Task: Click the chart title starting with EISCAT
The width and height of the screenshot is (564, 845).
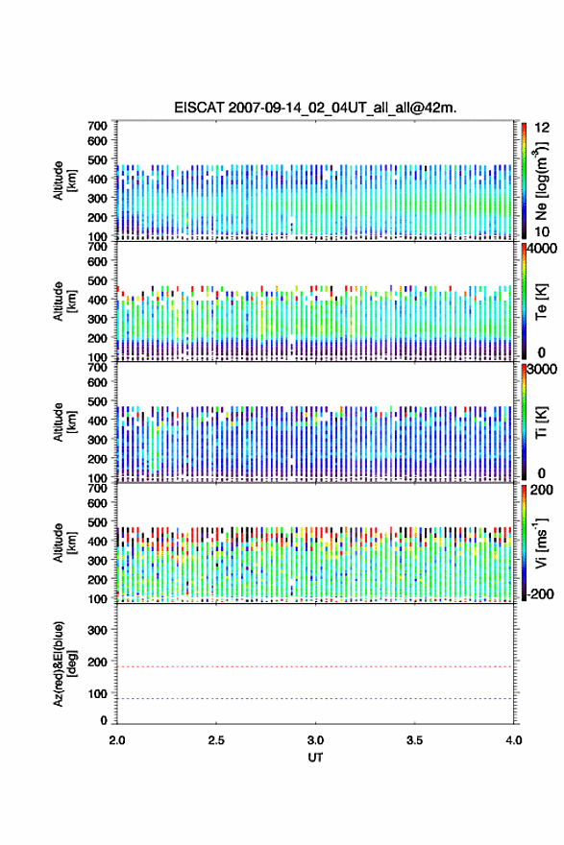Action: tap(315, 108)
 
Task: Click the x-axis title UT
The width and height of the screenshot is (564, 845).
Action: tap(315, 758)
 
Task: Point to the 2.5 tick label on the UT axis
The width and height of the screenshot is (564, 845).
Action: tap(216, 740)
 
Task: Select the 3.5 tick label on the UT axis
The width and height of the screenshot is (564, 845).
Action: tap(415, 740)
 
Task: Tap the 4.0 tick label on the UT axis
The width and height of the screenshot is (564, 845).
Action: tap(514, 740)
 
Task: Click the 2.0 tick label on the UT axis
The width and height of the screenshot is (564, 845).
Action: tap(117, 740)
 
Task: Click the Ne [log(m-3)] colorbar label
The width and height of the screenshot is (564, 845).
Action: tap(541, 181)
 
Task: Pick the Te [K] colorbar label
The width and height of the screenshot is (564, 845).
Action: tap(541, 302)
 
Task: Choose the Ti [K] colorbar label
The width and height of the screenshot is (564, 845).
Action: tap(541, 422)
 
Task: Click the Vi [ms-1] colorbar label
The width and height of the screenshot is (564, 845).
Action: tap(541, 543)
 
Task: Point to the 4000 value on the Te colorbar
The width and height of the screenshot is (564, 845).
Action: tap(543, 250)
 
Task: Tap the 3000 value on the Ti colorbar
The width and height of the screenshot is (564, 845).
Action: tap(543, 370)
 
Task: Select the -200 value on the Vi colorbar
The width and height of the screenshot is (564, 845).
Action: tap(540, 593)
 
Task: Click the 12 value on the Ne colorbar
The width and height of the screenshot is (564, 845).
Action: tap(543, 128)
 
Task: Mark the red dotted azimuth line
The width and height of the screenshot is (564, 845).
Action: tap(315, 666)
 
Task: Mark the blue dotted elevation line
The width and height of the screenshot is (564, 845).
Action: tap(315, 698)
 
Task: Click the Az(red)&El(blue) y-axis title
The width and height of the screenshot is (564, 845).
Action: tap(64, 664)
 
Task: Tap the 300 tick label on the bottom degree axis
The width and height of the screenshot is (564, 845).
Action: tap(98, 630)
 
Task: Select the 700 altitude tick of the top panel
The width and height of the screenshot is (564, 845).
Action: tap(98, 126)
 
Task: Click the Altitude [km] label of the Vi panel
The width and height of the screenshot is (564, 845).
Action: tap(64, 543)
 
